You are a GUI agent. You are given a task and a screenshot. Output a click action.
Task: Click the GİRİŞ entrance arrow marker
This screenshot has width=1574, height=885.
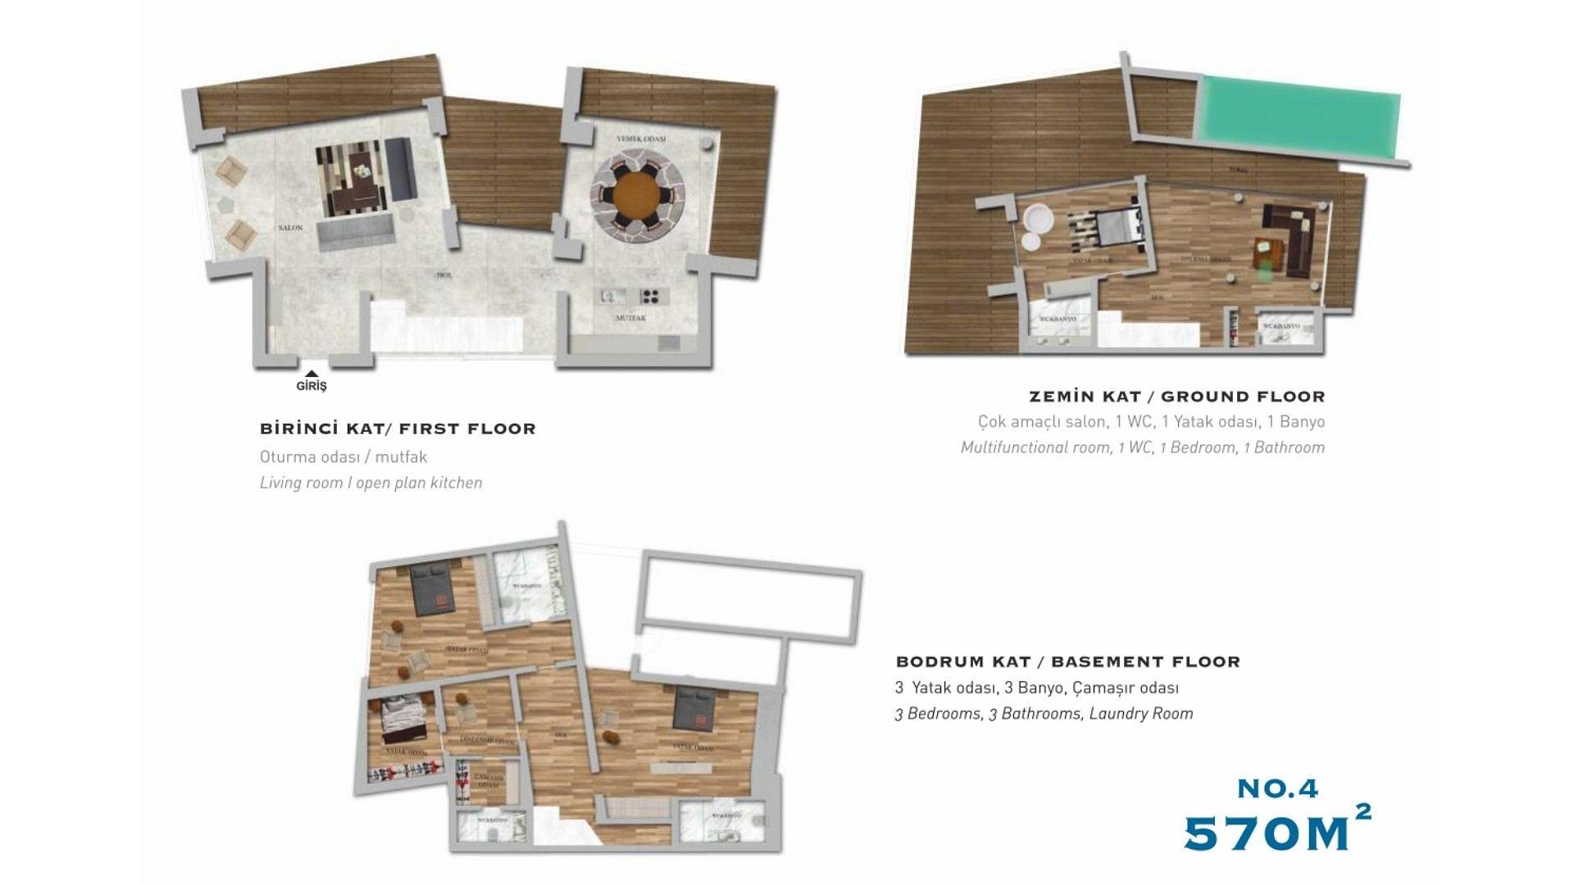tap(312, 374)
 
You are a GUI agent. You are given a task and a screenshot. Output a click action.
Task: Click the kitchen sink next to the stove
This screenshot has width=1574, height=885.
tap(612, 296)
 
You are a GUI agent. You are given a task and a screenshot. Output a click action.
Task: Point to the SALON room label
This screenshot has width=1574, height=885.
tap(290, 228)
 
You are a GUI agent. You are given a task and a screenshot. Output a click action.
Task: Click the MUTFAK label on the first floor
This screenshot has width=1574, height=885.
tap(630, 318)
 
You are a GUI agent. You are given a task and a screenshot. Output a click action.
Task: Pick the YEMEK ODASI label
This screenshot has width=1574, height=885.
tap(641, 139)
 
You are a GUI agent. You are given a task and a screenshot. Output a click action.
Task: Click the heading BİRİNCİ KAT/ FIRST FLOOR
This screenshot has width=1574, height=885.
tap(398, 429)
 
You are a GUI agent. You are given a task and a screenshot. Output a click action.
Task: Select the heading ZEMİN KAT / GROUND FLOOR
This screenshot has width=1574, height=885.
tap(1176, 397)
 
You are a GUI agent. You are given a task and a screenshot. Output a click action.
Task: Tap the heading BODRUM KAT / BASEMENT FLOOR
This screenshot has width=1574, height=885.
tap(1067, 661)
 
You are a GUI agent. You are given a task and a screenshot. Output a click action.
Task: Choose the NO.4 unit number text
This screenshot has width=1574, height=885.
tap(1277, 788)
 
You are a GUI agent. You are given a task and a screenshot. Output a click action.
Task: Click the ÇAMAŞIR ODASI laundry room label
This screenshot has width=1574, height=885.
tap(489, 780)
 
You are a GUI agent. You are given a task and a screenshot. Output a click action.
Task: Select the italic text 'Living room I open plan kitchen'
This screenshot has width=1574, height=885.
tap(371, 483)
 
